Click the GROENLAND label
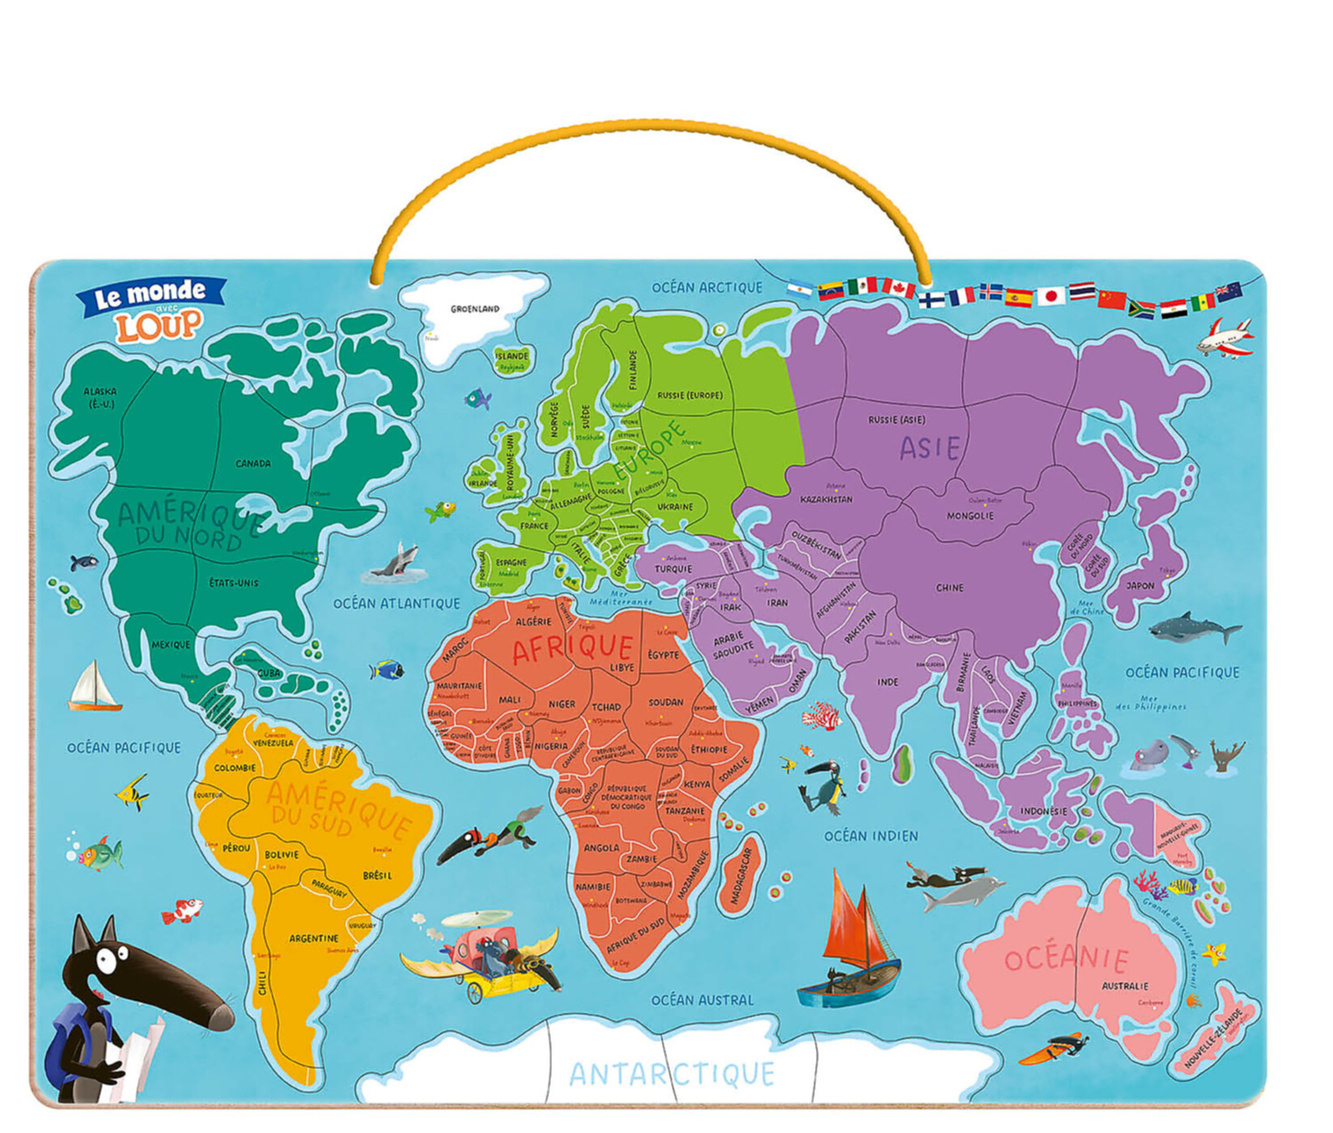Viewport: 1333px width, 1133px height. tap(475, 308)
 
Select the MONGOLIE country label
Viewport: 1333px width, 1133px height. tap(970, 516)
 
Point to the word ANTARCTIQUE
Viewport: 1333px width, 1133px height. tap(672, 1074)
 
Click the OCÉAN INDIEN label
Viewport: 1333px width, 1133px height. tap(871, 836)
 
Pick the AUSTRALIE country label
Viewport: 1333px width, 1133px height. tap(1124, 986)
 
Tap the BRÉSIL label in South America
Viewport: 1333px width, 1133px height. tap(377, 876)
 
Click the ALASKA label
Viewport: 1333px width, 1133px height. tap(100, 397)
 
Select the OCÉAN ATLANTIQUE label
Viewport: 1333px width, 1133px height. tap(397, 603)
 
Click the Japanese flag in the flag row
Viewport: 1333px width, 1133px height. tap(1051, 296)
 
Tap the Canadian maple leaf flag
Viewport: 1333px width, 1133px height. tap(898, 287)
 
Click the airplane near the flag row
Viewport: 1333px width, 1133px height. tap(1225, 338)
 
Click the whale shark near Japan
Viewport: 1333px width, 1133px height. tap(1193, 627)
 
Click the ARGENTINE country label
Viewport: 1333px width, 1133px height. tap(313, 938)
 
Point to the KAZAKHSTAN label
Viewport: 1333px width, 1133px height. tap(826, 499)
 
